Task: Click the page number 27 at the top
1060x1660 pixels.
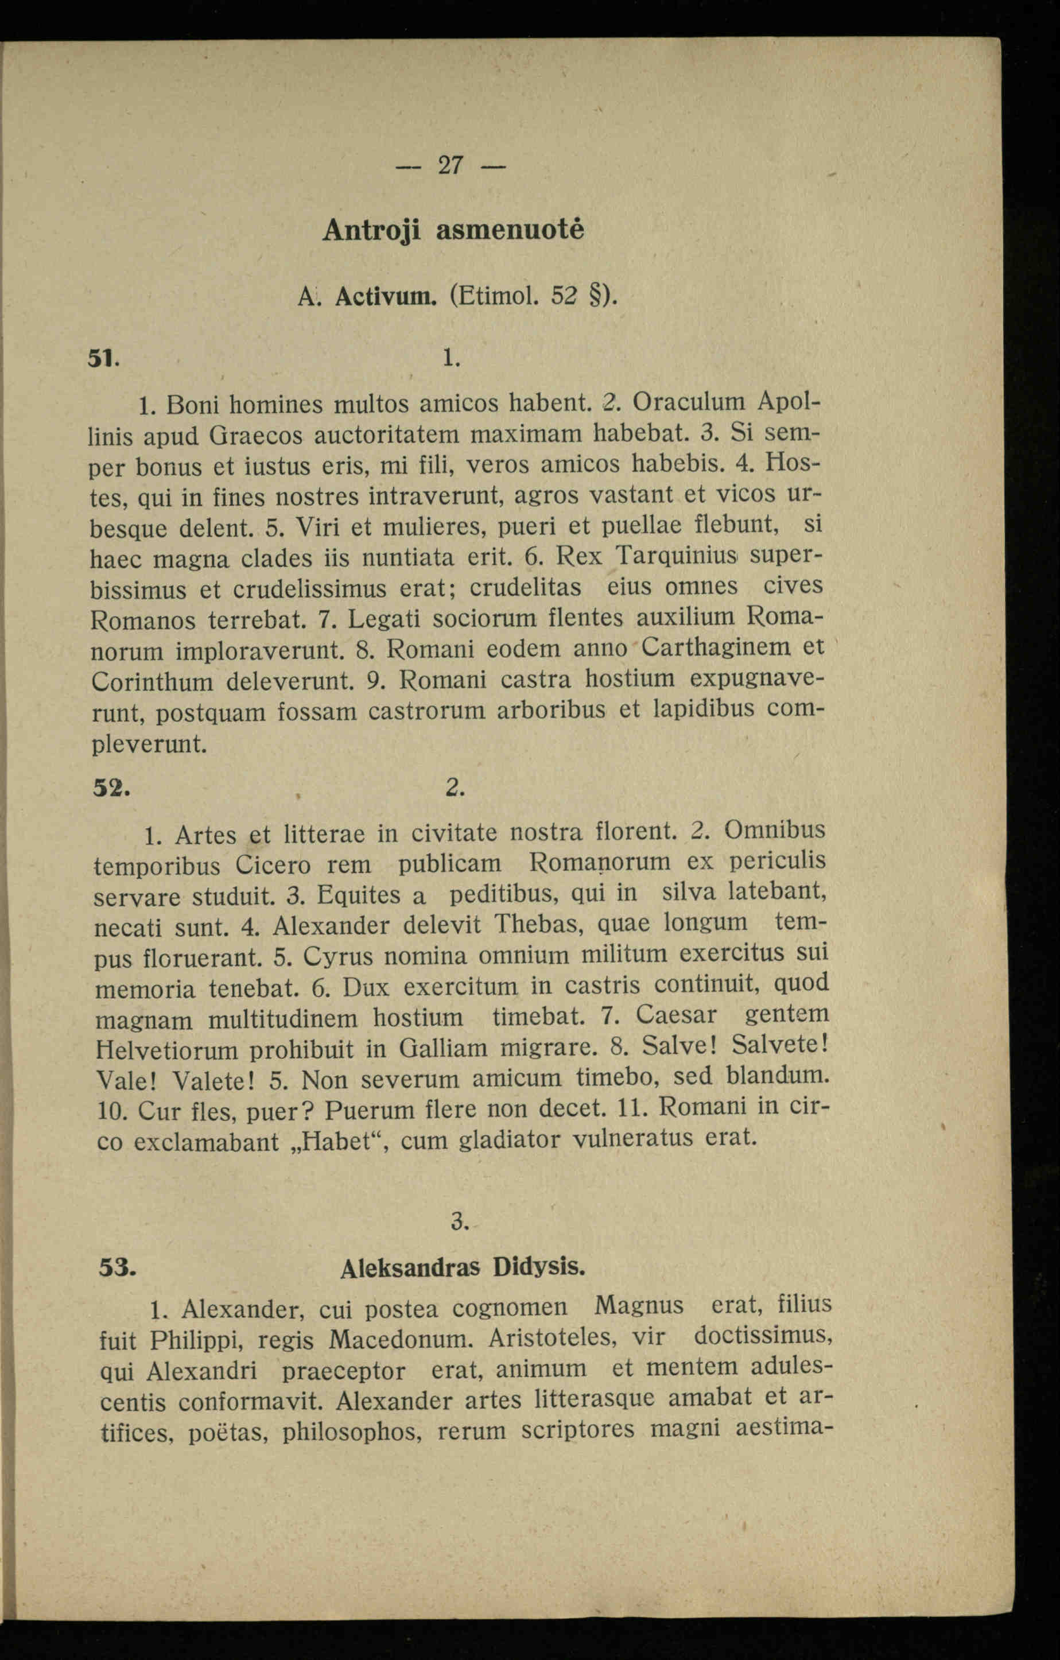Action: point(451,165)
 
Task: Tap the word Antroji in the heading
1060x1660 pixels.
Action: point(371,231)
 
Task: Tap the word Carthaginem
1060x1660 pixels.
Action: point(717,648)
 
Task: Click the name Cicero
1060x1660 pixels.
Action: point(273,864)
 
